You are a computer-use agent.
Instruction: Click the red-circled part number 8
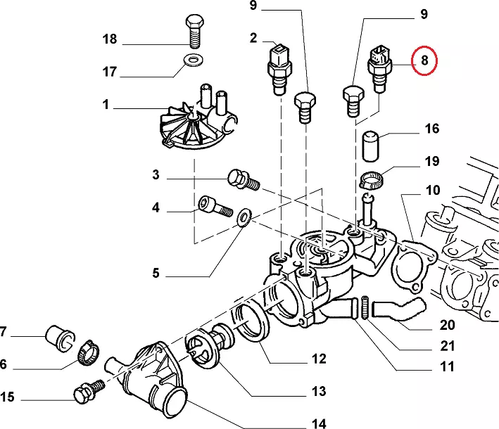[x=424, y=60]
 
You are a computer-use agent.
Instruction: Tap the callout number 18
[x=110, y=39]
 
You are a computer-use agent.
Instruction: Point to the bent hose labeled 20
[x=398, y=309]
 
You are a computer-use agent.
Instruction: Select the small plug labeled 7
[x=58, y=335]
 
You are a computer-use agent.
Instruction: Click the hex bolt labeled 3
[x=241, y=181]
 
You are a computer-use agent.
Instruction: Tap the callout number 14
[x=319, y=423]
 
